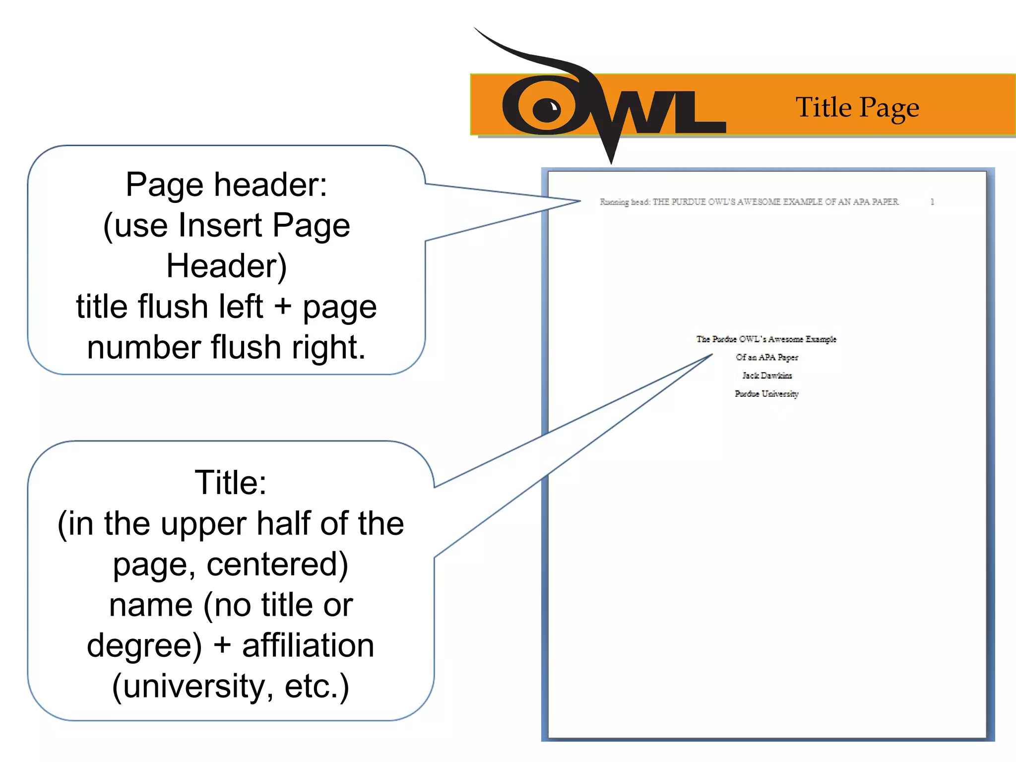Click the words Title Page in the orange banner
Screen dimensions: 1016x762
[857, 107]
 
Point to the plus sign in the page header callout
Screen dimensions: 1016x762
[282, 306]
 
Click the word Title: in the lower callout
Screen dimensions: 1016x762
[231, 482]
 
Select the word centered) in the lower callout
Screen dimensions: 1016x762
[277, 564]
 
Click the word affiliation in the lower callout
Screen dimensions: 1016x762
[308, 645]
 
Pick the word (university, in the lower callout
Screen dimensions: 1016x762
[193, 686]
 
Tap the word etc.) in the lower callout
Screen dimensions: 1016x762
[317, 686]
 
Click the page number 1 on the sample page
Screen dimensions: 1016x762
[932, 202]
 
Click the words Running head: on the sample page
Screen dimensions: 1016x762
[625, 202]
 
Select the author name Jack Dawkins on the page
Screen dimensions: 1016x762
[767, 376]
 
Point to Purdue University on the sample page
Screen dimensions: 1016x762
[766, 394]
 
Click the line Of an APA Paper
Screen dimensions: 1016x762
[767, 357]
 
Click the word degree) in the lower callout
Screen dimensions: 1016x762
[144, 645]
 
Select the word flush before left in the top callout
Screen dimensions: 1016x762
[169, 306]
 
